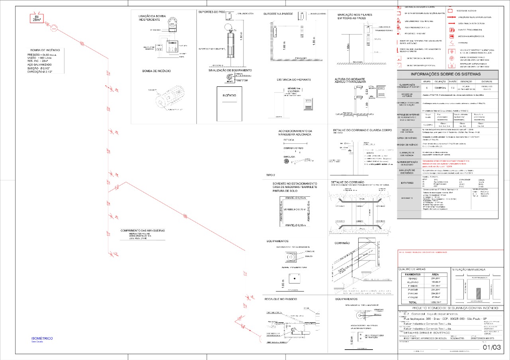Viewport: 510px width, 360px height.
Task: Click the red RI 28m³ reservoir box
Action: pos(37,18)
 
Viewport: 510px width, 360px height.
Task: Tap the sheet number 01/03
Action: pos(491,347)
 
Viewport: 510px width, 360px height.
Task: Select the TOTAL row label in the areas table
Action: pos(412,303)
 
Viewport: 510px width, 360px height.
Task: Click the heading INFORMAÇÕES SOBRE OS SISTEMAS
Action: pos(447,74)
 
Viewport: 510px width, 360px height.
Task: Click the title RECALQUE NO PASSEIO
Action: pos(280,299)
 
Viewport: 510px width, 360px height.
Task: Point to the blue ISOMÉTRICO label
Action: pos(42,338)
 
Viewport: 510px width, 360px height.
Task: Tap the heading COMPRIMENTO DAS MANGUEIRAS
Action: pos(143,231)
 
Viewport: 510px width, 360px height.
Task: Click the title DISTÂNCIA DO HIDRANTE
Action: pos(294,80)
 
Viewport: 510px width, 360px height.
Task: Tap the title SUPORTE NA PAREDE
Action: pos(278,14)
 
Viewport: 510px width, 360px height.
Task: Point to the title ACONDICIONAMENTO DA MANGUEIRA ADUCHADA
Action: pos(295,133)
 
